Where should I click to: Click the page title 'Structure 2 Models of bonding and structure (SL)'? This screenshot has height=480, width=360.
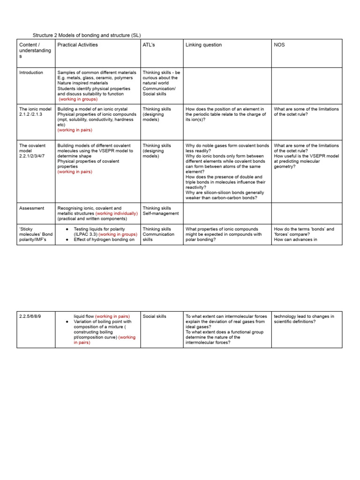coord(86,35)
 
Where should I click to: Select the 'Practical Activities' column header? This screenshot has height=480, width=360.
coord(77,45)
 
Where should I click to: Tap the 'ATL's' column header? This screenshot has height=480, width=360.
coord(150,45)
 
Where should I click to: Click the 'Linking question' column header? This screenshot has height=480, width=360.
coord(203,45)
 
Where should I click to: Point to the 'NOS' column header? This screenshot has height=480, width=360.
coord(279,45)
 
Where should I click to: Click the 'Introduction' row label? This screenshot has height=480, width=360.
coord(31,73)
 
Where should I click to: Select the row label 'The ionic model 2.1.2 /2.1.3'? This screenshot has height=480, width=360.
coord(35,112)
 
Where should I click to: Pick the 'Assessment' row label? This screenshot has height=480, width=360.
coord(31,208)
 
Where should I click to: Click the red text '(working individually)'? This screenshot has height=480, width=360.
coord(117,213)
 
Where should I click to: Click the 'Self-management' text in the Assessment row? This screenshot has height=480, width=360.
coord(161,213)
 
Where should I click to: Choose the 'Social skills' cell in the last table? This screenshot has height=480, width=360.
coord(154,316)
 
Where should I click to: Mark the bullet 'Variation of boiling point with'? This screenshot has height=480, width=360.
coord(103,322)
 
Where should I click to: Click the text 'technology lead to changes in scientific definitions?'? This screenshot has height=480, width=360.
coord(304,319)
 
